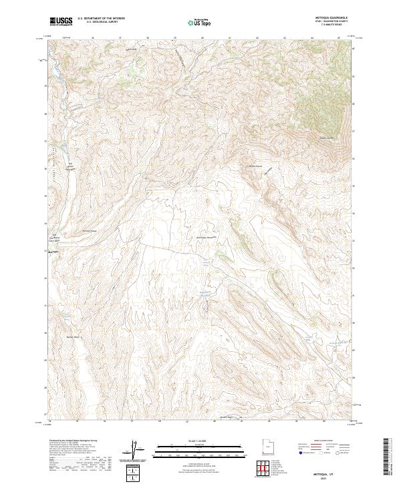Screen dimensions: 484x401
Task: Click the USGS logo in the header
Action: [x=61, y=22]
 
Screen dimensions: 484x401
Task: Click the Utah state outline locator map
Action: [x=265, y=445]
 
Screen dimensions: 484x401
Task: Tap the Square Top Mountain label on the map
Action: [x=325, y=138]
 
